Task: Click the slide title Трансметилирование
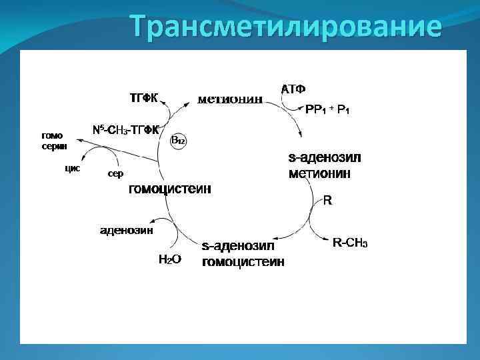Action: (x=285, y=27)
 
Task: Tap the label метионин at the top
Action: (x=230, y=100)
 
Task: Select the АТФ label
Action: (x=293, y=89)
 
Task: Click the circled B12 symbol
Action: (x=178, y=140)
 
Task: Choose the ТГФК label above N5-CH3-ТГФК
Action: (x=143, y=99)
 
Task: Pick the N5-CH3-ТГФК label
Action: (x=125, y=129)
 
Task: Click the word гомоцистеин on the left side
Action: (x=169, y=189)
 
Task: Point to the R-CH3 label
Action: (x=350, y=243)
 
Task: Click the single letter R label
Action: (x=327, y=200)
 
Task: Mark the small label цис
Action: (x=72, y=168)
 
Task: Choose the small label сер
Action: (x=115, y=174)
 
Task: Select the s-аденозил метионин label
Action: (x=324, y=166)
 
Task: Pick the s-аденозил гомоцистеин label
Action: (x=243, y=254)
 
